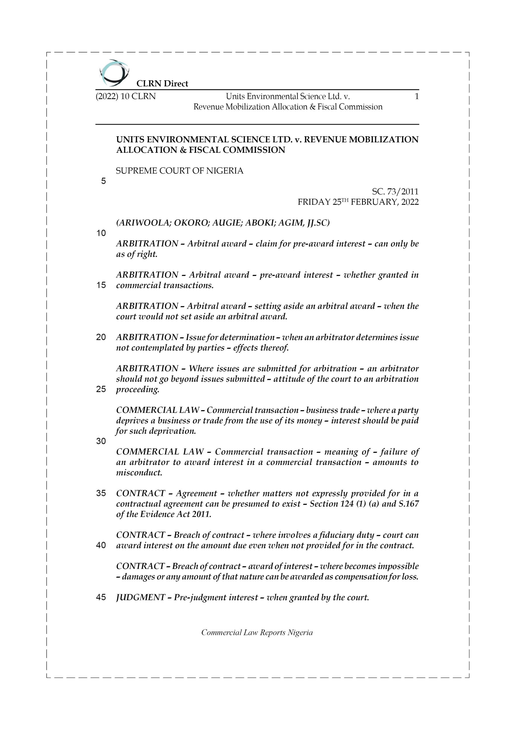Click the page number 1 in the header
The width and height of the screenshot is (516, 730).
[417, 96]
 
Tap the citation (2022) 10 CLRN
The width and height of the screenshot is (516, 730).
[126, 96]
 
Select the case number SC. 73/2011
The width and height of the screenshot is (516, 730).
[395, 191]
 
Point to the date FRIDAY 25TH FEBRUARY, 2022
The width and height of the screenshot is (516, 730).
[358, 202]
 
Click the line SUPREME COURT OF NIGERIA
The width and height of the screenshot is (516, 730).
[180, 171]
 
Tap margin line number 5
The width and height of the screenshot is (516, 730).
[103, 181]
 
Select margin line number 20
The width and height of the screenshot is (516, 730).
[101, 337]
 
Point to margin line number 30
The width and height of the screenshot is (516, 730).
[101, 441]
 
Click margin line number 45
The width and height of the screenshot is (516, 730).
[101, 597]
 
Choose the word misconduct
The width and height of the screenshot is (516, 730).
[139, 473]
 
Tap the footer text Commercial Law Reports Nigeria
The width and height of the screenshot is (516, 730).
[257, 632]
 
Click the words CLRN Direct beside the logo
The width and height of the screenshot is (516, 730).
[162, 84]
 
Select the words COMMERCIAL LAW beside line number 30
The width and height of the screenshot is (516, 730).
[160, 452]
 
